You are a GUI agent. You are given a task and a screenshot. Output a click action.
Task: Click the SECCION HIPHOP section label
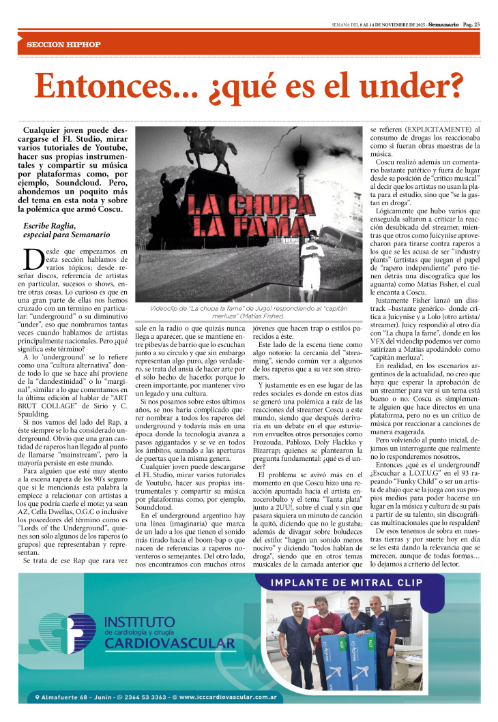tap(63, 44)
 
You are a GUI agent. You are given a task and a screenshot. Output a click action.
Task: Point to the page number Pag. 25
tap(471, 25)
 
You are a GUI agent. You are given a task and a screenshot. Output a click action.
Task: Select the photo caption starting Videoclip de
tap(249, 312)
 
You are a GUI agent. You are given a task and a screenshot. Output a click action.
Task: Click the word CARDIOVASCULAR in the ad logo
tap(170, 643)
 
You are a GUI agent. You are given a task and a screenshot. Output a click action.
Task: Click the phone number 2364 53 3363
tap(144, 697)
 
